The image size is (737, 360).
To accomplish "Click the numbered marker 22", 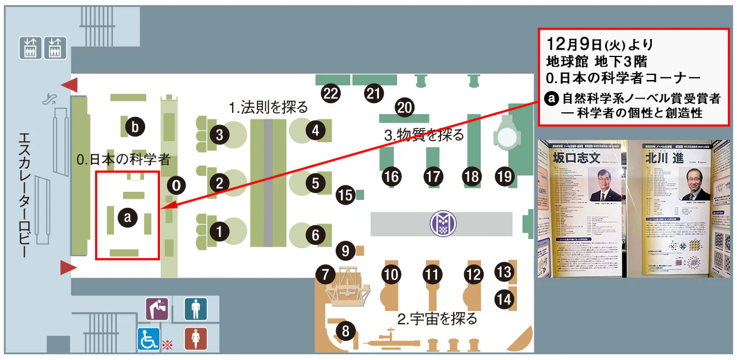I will [330, 94].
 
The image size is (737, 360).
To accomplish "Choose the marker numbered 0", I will [177, 185].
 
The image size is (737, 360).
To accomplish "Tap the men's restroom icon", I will [196, 309].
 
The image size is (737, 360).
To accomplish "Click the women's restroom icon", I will [196, 338].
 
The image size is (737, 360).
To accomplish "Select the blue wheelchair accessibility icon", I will [149, 339].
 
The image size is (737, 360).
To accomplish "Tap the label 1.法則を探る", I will [269, 107].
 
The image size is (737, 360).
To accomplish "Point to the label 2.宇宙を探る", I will [438, 318].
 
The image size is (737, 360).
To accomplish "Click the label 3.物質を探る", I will [424, 136].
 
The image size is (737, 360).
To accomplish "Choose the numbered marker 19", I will [504, 177].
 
